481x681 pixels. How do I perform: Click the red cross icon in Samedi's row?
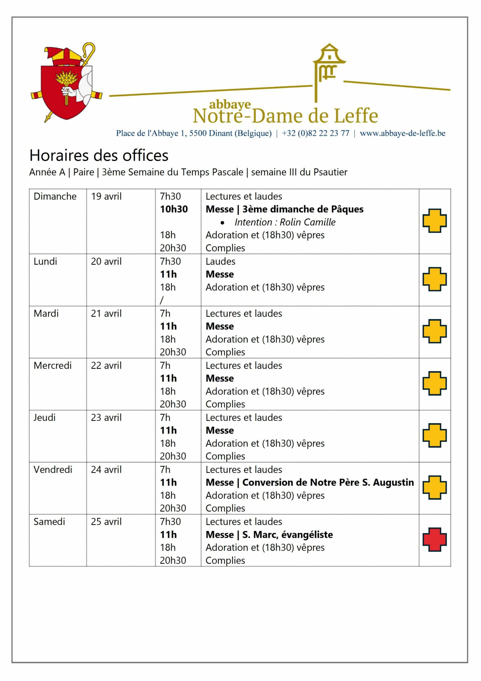[x=434, y=539]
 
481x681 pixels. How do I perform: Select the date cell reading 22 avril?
[x=106, y=366]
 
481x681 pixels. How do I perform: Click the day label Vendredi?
[x=53, y=470]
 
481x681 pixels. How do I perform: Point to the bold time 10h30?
[x=174, y=209]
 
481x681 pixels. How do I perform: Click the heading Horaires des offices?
[x=99, y=155]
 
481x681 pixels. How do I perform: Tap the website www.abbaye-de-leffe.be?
[x=402, y=133]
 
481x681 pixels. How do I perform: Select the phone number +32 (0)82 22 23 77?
[x=315, y=133]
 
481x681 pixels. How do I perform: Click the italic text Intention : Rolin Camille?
[x=285, y=222]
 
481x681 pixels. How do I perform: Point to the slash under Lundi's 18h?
[x=162, y=300]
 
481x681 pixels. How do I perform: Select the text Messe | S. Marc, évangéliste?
[x=269, y=534]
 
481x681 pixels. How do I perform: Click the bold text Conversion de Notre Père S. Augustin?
[x=328, y=483]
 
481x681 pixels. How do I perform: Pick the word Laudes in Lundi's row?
[x=221, y=261]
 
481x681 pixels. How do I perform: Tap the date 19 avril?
[x=106, y=196]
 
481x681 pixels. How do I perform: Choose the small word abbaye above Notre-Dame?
[x=230, y=104]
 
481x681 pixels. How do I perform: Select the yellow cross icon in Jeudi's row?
[x=434, y=435]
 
